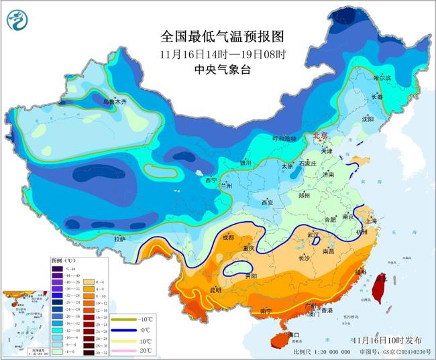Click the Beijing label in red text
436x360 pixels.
321,135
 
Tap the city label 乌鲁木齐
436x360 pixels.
115,102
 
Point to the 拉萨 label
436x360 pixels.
119,239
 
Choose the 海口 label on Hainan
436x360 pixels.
292,334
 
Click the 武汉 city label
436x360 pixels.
313,234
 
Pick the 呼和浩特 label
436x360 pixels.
283,138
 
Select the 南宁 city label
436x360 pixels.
266,310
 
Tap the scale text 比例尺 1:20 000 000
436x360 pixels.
322,352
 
